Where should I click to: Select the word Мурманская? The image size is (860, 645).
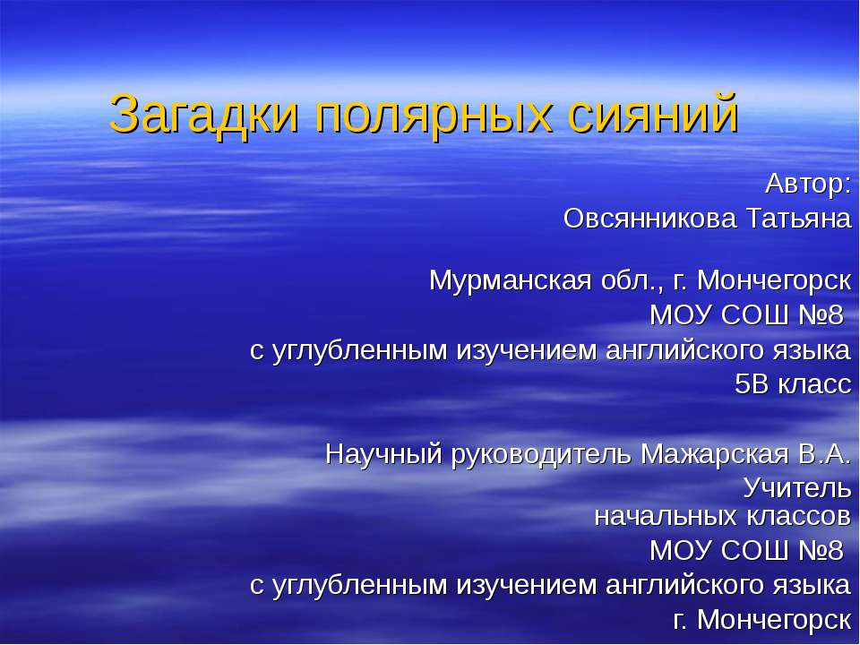pos(507,280)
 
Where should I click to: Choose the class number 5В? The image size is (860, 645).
pos(751,384)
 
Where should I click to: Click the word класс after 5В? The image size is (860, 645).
pos(813,384)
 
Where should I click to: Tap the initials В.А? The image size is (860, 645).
pos(823,454)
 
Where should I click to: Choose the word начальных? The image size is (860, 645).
pos(666,515)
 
